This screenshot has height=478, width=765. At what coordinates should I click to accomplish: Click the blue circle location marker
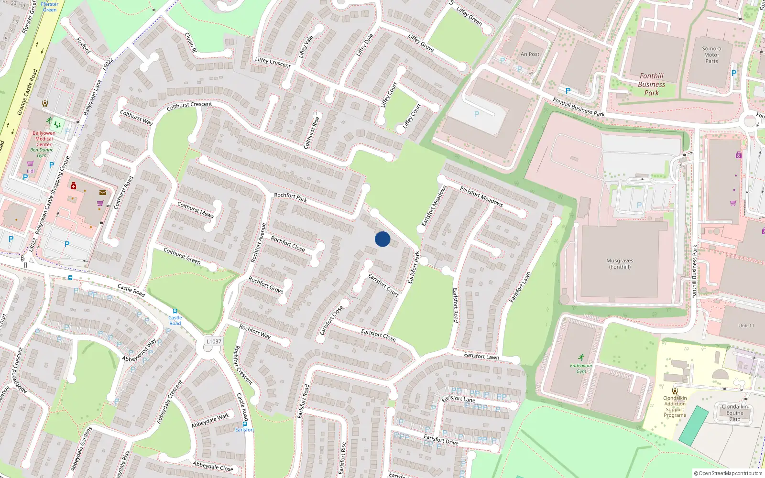tap(382, 239)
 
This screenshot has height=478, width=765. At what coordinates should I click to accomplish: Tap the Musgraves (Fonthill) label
tap(620, 264)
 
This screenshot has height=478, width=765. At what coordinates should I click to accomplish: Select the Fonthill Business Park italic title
tap(651, 84)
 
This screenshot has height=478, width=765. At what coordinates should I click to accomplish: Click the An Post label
tap(530, 54)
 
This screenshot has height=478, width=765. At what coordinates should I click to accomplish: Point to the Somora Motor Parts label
tap(711, 55)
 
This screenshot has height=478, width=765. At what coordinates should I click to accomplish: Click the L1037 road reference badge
tap(214, 341)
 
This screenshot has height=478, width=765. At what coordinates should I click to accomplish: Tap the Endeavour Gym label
tap(581, 368)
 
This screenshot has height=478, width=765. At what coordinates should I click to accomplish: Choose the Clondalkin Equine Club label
tap(735, 413)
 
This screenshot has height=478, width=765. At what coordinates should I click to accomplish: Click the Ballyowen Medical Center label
tap(44, 139)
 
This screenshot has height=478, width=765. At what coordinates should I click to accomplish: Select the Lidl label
tap(31, 171)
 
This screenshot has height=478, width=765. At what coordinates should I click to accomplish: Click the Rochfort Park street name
tap(291, 197)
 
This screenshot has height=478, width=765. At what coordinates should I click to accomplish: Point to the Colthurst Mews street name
tap(195, 209)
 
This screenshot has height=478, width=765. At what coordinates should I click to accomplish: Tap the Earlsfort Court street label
tap(383, 285)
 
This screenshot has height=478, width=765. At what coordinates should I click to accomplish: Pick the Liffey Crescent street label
tap(273, 62)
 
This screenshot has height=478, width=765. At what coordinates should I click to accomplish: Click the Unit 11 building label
tap(746, 326)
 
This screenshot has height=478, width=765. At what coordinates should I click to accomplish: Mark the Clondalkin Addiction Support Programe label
tap(675, 407)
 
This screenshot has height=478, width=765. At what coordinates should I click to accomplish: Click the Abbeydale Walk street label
tap(210, 421)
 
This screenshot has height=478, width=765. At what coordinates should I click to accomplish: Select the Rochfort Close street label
tap(288, 243)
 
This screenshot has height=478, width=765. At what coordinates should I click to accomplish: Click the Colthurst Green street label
tap(182, 255)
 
